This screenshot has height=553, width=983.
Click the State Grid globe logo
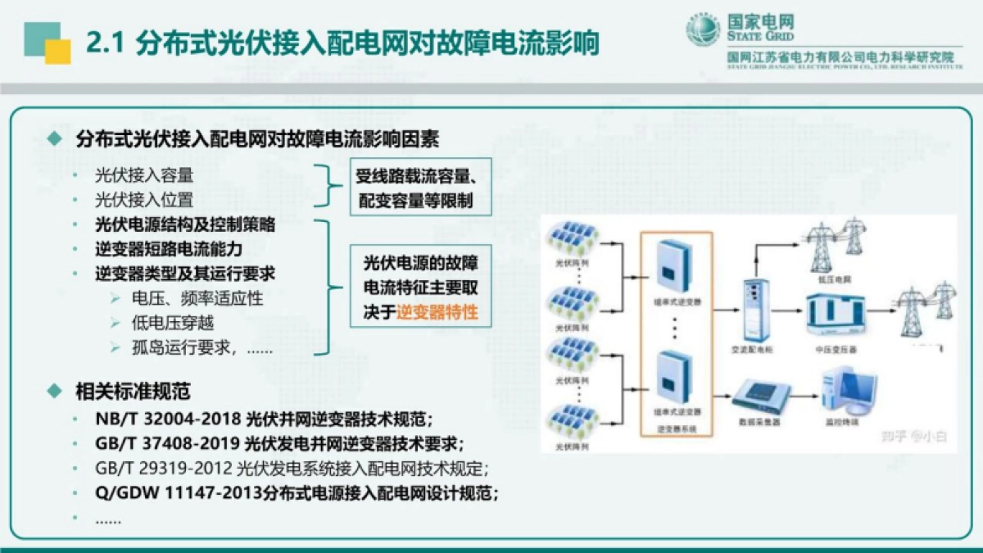click(703, 31)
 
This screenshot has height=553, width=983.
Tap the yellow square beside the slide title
click(57, 51)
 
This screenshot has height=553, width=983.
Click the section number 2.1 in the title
click(104, 43)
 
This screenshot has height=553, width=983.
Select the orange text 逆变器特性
click(437, 311)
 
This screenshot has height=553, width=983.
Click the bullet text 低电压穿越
click(173, 323)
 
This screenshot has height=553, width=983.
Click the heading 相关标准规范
click(133, 391)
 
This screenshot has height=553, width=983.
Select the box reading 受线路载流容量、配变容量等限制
click(420, 187)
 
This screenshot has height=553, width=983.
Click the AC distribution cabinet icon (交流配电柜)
click(752, 309)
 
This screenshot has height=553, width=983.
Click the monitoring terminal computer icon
click(849, 392)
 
